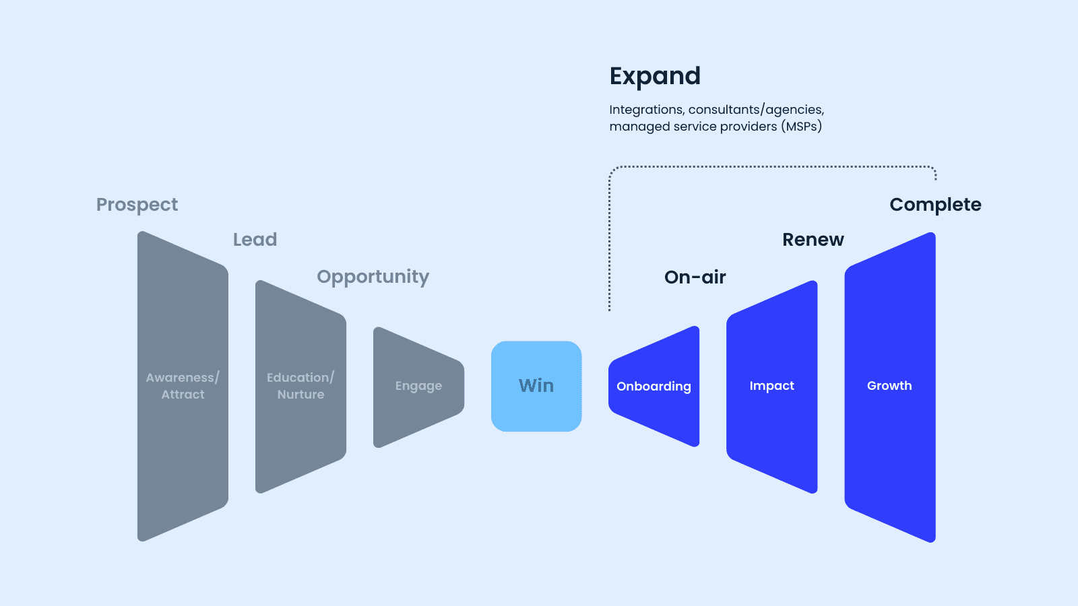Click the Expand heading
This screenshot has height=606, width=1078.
(x=654, y=77)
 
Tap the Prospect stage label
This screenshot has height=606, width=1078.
(x=137, y=205)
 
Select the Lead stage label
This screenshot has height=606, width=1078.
(x=255, y=240)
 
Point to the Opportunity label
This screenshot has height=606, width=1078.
(x=373, y=277)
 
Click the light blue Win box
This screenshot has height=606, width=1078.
(x=536, y=386)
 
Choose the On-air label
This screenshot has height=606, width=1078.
(x=695, y=277)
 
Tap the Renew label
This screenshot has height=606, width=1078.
(x=813, y=240)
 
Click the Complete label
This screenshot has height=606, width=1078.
(x=935, y=205)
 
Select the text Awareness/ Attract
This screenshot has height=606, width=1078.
(x=183, y=386)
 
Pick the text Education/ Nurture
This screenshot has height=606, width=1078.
(x=300, y=386)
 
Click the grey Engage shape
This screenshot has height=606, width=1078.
(x=418, y=387)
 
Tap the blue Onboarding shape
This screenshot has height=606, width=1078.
(x=654, y=386)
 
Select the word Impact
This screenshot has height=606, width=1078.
(x=772, y=386)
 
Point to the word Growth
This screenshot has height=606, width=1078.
(x=889, y=386)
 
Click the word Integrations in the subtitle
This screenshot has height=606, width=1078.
(x=646, y=110)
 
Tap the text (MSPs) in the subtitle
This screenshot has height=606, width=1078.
(x=801, y=127)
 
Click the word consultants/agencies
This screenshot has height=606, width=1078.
(x=756, y=110)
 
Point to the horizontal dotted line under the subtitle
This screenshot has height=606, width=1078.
(x=772, y=167)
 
